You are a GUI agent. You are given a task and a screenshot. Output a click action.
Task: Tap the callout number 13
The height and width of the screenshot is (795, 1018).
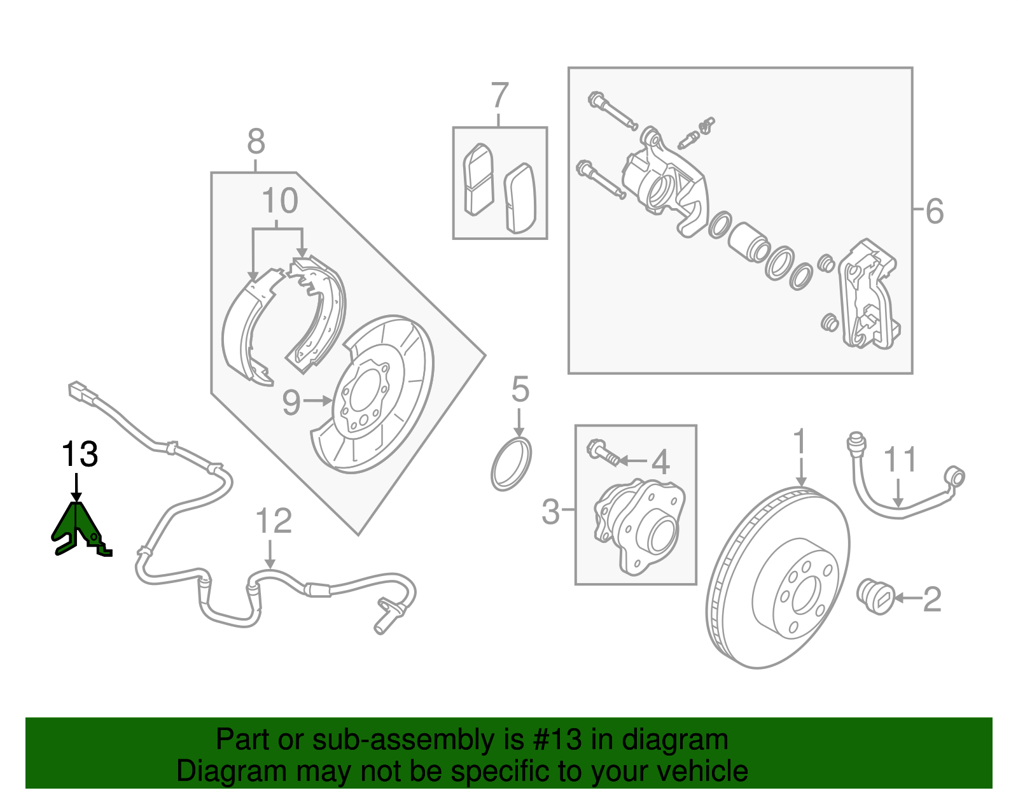click(80, 454)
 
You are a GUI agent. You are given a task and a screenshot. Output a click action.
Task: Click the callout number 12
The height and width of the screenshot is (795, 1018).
click(274, 521)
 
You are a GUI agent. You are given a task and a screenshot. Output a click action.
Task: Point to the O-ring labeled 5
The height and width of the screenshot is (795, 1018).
click(511, 463)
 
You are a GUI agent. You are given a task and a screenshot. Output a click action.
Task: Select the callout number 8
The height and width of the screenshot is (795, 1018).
click(256, 141)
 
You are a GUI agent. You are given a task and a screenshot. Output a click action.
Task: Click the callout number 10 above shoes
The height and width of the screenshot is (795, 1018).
click(279, 201)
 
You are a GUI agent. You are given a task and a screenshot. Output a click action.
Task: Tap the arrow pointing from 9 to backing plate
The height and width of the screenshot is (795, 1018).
click(317, 400)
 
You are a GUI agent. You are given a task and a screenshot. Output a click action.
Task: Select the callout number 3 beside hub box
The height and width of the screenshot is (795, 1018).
click(550, 510)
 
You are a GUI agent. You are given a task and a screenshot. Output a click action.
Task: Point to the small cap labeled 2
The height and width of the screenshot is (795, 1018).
click(877, 596)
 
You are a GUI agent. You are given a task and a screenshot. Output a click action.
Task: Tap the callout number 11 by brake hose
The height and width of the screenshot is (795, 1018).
click(900, 460)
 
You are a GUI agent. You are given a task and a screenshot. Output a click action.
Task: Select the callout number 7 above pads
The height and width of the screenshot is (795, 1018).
click(500, 95)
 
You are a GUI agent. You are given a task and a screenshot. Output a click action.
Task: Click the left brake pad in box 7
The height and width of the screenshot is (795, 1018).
click(478, 179)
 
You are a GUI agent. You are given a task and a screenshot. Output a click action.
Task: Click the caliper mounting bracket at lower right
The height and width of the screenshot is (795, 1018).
click(869, 295)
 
